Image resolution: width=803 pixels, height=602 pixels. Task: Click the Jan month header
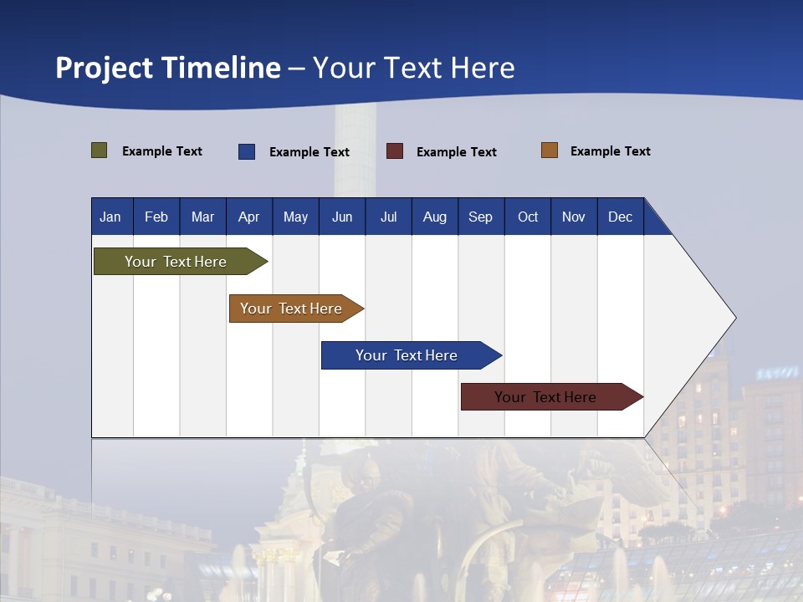point(111,217)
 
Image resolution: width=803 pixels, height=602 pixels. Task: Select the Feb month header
point(156,217)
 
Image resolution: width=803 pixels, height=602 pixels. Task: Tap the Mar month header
point(202,217)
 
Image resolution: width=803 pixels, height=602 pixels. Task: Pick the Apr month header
point(249,217)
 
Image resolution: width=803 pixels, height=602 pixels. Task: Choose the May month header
point(295,217)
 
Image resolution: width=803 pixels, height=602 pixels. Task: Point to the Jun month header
point(342,217)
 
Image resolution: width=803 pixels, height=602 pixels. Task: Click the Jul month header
point(388,217)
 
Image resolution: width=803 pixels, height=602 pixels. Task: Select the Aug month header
point(435,217)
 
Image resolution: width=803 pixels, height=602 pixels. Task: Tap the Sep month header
point(481,217)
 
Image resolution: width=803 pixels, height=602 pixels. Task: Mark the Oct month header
point(528,217)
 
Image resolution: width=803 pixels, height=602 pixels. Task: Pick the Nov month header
point(574,217)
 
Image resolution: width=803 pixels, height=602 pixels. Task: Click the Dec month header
point(621,217)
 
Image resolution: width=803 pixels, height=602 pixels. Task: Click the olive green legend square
point(100,150)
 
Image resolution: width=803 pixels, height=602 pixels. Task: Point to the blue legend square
point(247,151)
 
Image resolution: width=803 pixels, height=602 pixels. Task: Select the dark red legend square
point(395,151)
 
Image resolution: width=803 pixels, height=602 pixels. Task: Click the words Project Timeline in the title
point(168,68)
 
